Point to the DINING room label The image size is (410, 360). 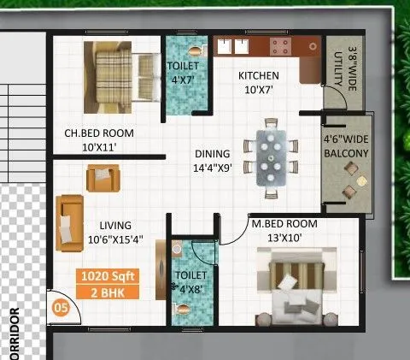pyautogui.click(x=212, y=154)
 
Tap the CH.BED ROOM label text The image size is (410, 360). pyautogui.click(x=100, y=133)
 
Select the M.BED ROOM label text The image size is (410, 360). pyautogui.click(x=284, y=224)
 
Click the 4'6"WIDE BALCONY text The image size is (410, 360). pyautogui.click(x=345, y=146)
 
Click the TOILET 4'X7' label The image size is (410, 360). pyautogui.click(x=183, y=72)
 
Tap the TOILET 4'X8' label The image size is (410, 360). pyautogui.click(x=189, y=282)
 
